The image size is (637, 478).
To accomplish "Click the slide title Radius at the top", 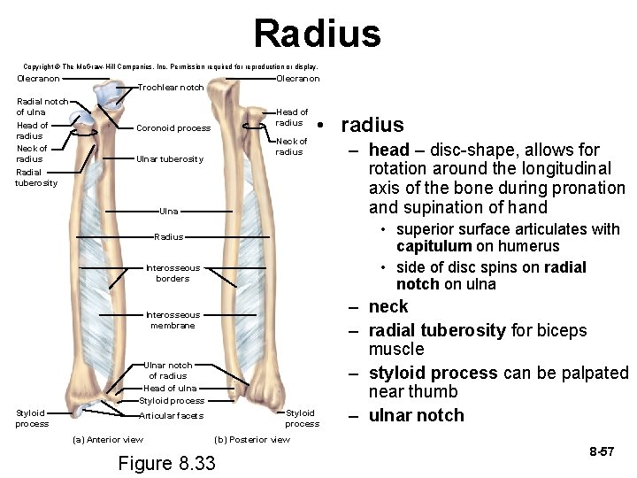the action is coord(317,34).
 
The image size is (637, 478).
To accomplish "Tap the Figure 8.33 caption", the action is coord(166,463).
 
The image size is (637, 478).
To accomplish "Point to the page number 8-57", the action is coord(602,452).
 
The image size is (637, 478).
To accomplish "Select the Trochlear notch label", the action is coord(171,88).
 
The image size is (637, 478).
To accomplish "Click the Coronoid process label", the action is coord(173,128).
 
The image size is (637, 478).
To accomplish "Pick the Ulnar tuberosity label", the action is coord(170,159).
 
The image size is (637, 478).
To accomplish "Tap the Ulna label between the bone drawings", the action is coord(168,212).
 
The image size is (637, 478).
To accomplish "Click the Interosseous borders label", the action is coord(173,273).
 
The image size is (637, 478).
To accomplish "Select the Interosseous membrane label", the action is coord(173,320).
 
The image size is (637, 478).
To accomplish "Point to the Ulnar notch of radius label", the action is coord(167,370).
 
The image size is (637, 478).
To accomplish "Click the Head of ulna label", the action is coord(170,388).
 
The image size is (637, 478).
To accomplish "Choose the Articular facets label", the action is coord(172,416).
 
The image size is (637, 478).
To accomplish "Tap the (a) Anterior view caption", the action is coord(107,440).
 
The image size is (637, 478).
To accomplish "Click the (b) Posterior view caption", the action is coord(252,440).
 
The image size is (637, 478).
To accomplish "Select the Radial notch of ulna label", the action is coord(42,106).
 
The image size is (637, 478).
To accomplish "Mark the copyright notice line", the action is coord(170,66).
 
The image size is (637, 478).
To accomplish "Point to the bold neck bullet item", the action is coord(388,307).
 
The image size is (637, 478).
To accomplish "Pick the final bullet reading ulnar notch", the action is coord(416,415).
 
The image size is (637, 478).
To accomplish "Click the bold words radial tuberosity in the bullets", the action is coord(434,330).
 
